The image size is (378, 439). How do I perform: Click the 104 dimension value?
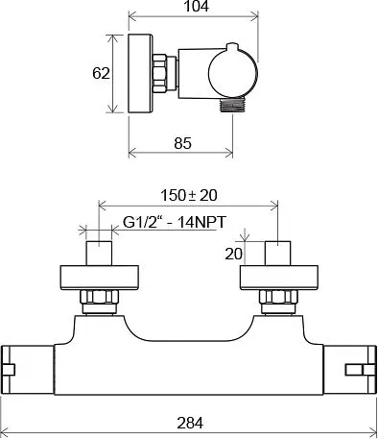(x=197, y=6)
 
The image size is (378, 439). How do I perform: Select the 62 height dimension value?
(x=101, y=73)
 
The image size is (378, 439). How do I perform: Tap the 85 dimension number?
(x=182, y=143)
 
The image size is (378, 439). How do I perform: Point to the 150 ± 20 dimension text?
(x=188, y=195)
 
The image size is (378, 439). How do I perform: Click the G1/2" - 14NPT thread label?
(x=175, y=222)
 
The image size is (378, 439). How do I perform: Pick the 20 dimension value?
(x=233, y=255)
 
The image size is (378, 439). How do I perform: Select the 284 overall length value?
(x=190, y=423)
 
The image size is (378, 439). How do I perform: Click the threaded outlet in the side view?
(x=232, y=105)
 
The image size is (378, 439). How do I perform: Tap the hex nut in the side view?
(x=159, y=73)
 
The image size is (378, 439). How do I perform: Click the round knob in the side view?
(x=233, y=73)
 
